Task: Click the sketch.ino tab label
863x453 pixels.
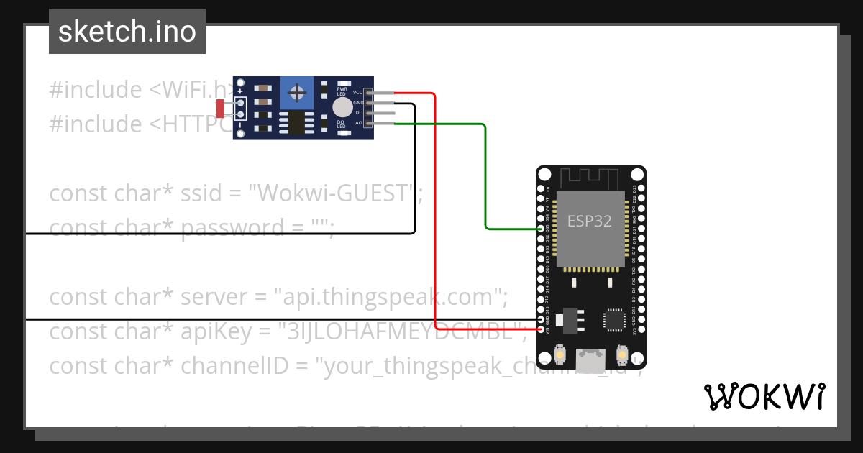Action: pyautogui.click(x=127, y=32)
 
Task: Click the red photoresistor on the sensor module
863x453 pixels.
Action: pyautogui.click(x=220, y=109)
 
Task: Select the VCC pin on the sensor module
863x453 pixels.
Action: pyautogui.click(x=369, y=93)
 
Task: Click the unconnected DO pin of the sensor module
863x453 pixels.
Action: pyautogui.click(x=369, y=113)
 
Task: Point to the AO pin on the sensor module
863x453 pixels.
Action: pyautogui.click(x=369, y=123)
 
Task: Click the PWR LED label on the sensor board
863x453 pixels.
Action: pyautogui.click(x=342, y=91)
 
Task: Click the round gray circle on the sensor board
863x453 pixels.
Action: pyautogui.click(x=342, y=109)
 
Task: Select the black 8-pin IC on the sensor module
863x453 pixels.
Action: pyautogui.click(x=296, y=122)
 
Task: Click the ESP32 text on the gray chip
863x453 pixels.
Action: pyautogui.click(x=590, y=221)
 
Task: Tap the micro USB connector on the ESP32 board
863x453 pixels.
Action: pyautogui.click(x=592, y=359)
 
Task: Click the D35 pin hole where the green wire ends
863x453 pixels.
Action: pyautogui.click(x=541, y=229)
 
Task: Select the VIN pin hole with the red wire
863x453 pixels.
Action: pyautogui.click(x=541, y=328)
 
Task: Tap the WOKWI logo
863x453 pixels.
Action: pyautogui.click(x=764, y=396)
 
